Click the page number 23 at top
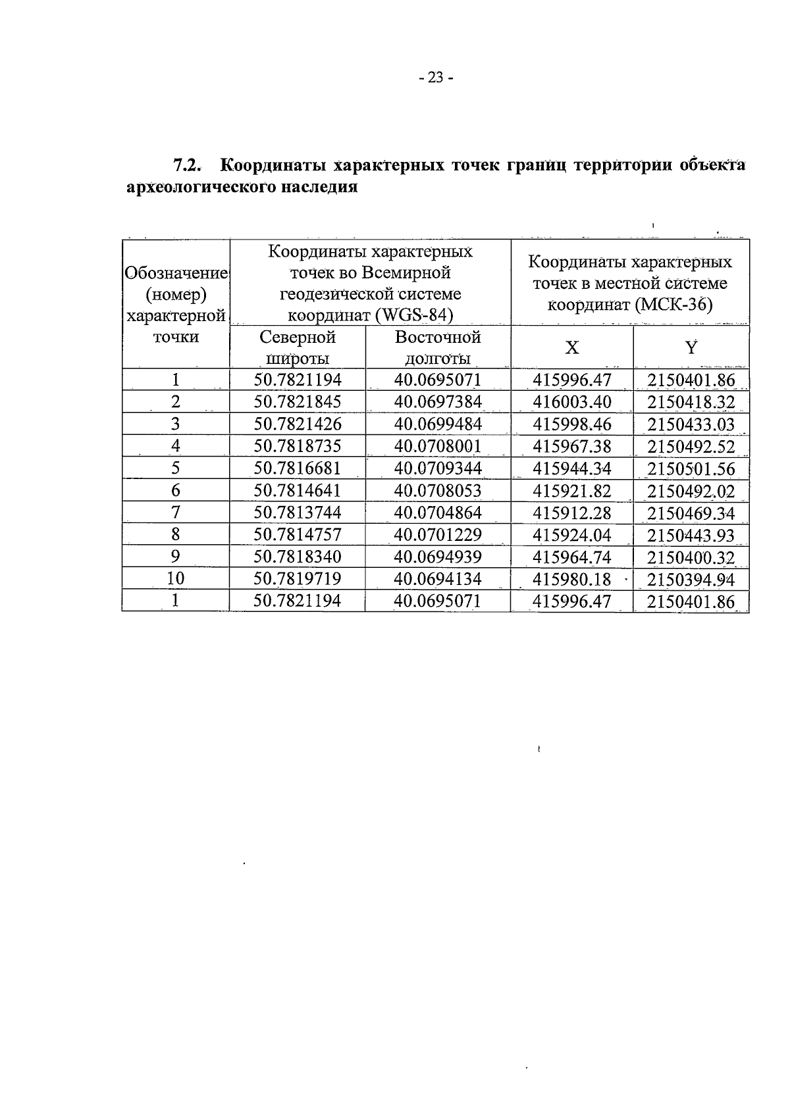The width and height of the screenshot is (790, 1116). pos(435,78)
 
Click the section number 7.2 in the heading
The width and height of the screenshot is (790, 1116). pos(186,165)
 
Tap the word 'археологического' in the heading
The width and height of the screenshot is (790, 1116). pos(201,188)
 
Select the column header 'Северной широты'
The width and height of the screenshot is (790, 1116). pos(298,347)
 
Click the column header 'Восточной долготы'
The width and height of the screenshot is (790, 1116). pos(438,347)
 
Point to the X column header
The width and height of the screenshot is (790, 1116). pos(572,347)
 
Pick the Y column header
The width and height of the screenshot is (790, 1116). pos(691,347)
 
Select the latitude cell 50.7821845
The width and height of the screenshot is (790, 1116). pos(298,402)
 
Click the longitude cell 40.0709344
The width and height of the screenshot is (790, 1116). pos(438,469)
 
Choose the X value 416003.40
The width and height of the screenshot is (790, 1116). pos(571,402)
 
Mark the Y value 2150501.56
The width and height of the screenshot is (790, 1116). pos(691,469)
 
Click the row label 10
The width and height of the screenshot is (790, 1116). pos(175,579)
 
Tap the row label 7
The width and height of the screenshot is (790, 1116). pos(175,513)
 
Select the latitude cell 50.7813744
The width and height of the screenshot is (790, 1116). pos(298,513)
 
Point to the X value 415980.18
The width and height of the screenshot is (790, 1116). pos(571,579)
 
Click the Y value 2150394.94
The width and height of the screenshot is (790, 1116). pos(691,579)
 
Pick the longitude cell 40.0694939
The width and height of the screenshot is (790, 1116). pos(438,557)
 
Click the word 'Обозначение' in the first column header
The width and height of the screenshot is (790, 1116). pos(176,273)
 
